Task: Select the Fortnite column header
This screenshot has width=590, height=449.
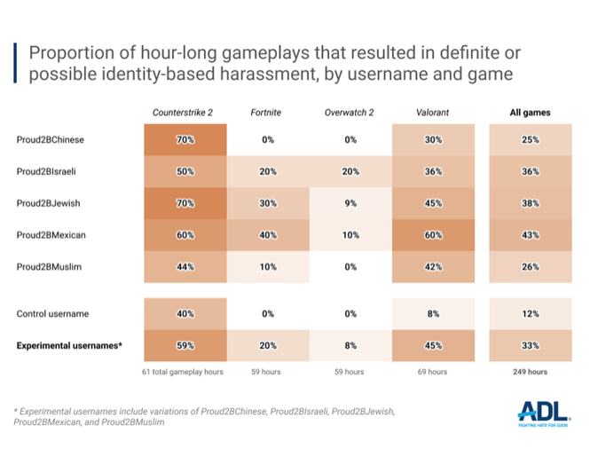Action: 267,113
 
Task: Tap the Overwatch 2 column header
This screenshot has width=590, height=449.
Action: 348,113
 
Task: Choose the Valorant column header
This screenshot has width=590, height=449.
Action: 432,113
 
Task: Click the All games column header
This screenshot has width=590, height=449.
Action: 530,113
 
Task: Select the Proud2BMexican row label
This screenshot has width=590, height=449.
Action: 53,235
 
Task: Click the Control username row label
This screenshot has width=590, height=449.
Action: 52,314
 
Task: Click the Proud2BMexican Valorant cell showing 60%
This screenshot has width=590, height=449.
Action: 432,235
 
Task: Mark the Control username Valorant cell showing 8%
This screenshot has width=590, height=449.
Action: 432,314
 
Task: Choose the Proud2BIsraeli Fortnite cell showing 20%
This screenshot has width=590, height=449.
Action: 267,171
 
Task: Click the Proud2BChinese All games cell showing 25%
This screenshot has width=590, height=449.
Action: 530,139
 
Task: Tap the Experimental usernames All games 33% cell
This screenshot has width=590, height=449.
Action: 530,346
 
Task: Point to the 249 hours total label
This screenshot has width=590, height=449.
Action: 530,372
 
